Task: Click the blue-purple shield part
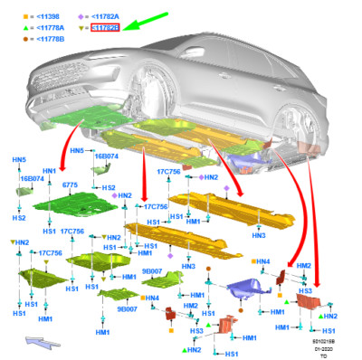tap(245, 290)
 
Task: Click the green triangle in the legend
tap(14, 28)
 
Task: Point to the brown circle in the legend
tap(14, 39)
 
